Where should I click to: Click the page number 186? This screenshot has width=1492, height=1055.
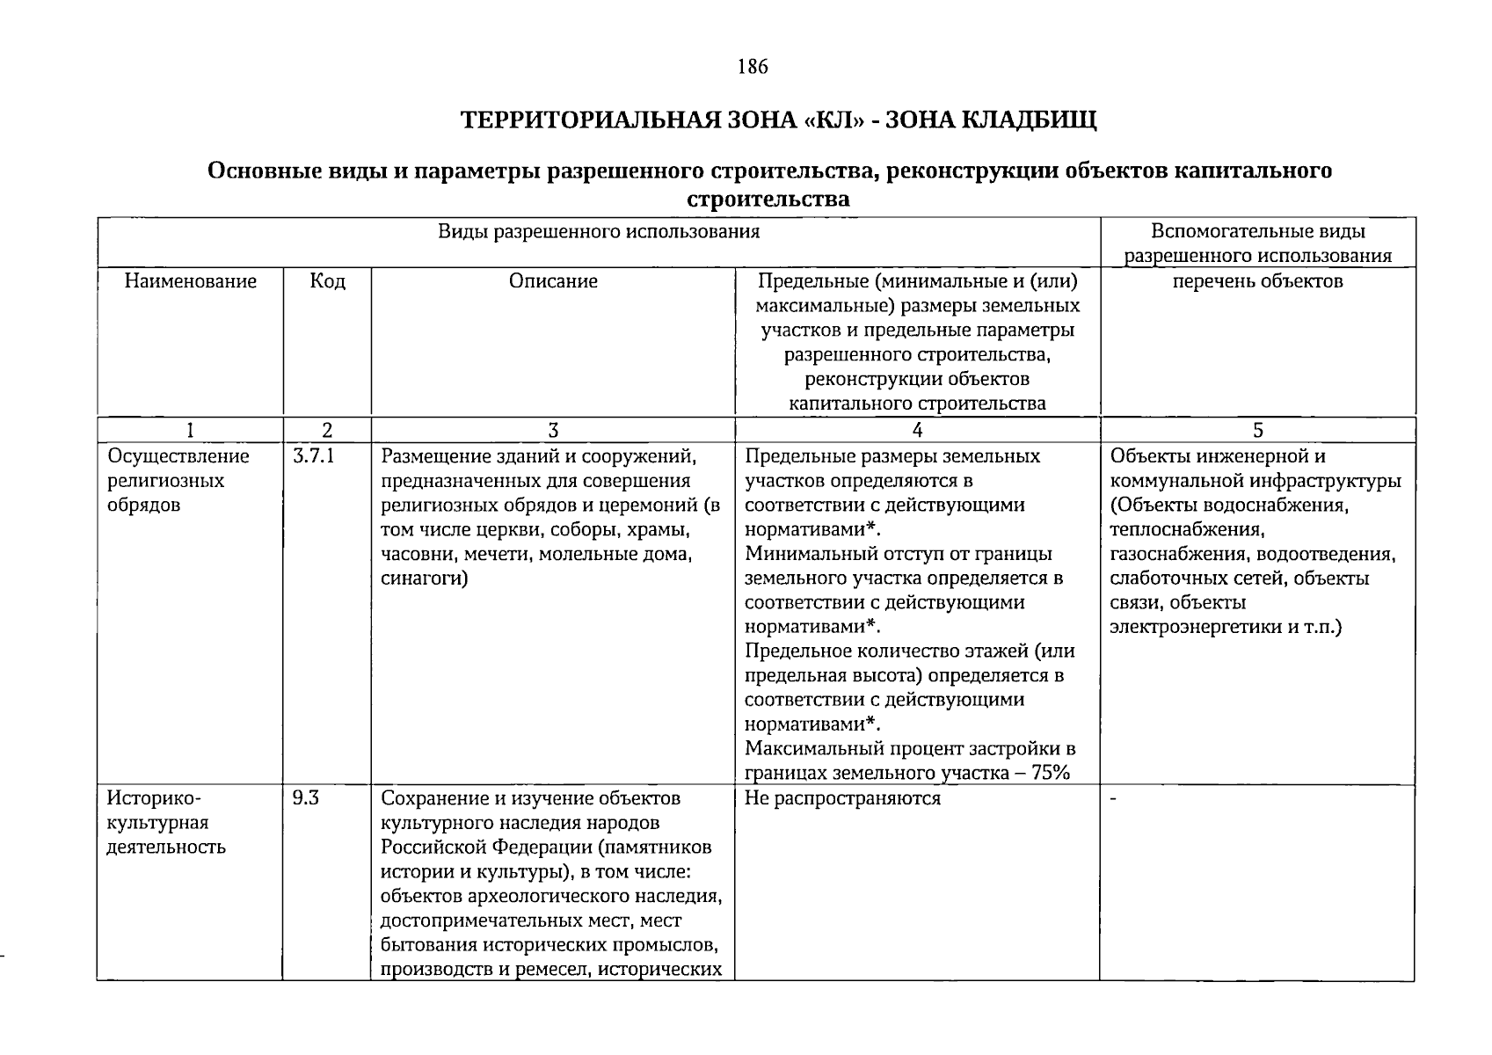(753, 66)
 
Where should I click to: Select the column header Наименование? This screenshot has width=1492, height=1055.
(191, 281)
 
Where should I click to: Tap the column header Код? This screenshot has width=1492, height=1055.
(327, 281)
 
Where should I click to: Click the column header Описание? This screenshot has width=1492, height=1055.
(553, 281)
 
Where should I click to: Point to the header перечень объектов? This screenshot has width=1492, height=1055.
(1258, 281)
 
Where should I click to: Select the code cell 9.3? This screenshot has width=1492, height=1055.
(306, 798)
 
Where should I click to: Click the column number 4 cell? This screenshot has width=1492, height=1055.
(917, 430)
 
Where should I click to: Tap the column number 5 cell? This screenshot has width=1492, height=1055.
(1258, 430)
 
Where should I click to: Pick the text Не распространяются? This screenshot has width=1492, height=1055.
(841, 798)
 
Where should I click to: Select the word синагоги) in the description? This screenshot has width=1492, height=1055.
(424, 578)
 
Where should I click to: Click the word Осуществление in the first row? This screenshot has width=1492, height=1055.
(178, 456)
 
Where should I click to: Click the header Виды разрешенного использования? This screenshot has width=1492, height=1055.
(599, 232)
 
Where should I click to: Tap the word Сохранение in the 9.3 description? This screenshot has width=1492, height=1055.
(430, 798)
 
